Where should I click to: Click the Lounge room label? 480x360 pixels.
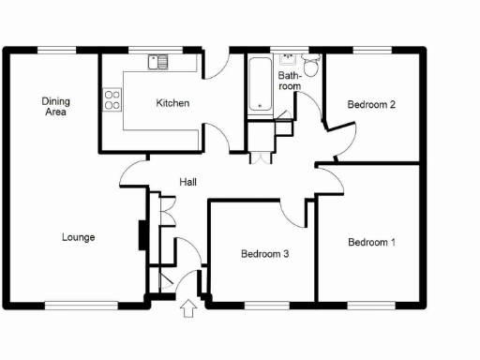coord(78,237)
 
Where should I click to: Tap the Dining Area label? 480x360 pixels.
coord(55,106)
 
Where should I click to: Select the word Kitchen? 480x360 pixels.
coord(173,103)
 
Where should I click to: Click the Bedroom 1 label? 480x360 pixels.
coord(371,243)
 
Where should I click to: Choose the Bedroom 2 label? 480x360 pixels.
coord(370,105)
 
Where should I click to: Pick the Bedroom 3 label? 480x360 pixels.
coord(263,253)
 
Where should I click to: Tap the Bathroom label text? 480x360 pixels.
coord(290,79)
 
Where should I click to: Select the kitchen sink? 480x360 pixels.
coord(157,63)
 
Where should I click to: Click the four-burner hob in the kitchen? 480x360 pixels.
coord(112,99)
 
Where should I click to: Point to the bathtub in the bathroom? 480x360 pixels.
coord(258,85)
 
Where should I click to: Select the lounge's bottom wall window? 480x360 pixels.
coord(81,303)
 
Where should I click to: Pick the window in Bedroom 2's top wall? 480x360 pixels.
coord(372,49)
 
